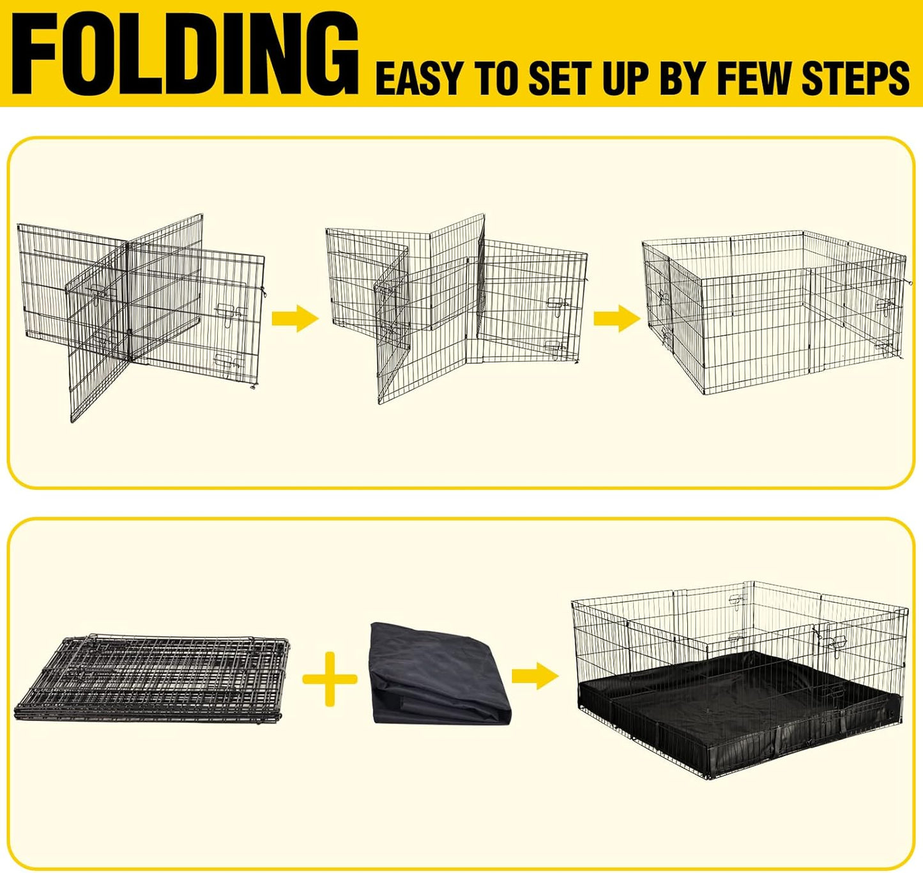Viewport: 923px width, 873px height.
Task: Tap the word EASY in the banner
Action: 418,79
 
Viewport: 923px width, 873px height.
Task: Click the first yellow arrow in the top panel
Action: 294,317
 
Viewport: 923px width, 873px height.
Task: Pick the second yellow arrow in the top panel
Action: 616,317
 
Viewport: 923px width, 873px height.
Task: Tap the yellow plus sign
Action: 330,678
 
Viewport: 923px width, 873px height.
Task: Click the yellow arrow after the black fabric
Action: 535,675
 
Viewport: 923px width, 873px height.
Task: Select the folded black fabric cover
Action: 441,674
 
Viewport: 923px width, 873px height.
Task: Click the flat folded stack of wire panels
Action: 151,678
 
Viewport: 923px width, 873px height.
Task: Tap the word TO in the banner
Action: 499,79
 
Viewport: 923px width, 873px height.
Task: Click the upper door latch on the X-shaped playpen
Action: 230,311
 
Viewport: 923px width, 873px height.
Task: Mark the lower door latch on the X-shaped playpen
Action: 228,361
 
